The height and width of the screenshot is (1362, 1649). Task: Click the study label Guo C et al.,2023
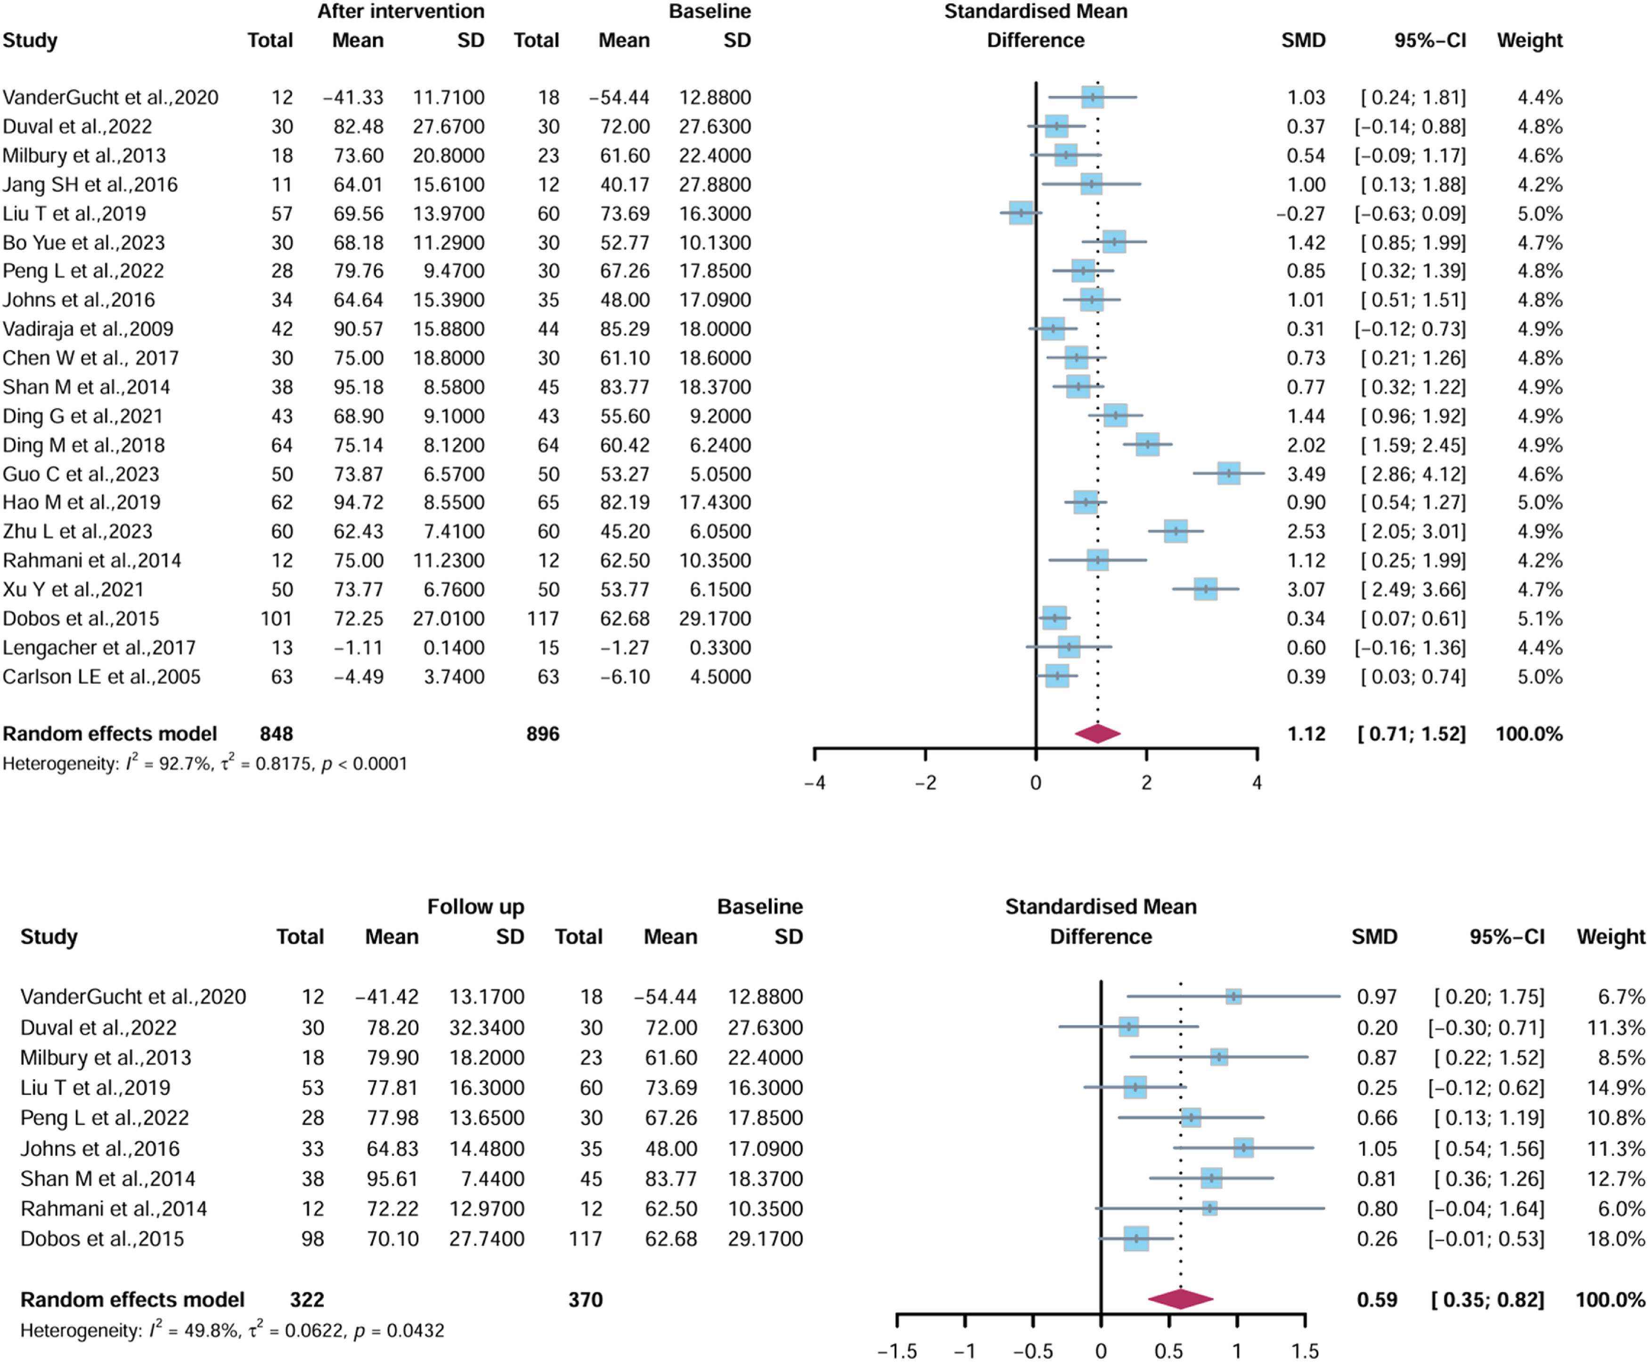pos(81,474)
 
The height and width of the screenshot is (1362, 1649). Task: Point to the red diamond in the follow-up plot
pos(1181,1299)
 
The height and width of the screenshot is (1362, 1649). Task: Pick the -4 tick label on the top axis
pos(815,783)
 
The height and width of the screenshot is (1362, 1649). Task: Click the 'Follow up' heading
pos(475,907)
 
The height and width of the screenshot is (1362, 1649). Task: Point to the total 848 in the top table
pos(276,734)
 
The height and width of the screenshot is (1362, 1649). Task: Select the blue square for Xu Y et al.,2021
pos(1205,589)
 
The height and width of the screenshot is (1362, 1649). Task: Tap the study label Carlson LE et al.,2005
pos(101,677)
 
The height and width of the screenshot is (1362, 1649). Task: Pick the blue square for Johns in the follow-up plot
pos(1243,1148)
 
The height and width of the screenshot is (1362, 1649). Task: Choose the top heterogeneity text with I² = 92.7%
pos(204,763)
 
